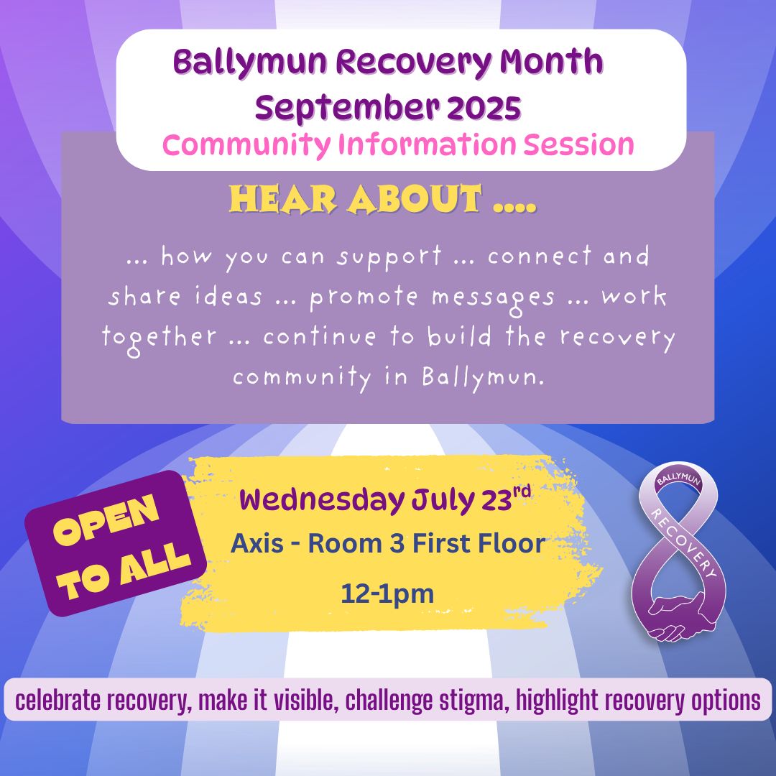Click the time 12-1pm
tap(387, 593)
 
